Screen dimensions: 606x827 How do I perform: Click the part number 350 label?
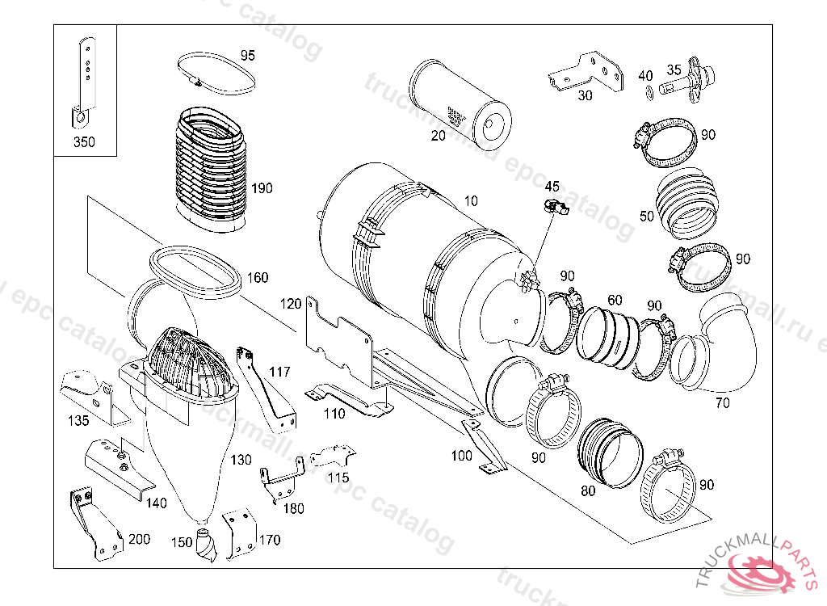[x=83, y=141]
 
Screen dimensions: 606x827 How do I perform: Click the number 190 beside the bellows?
[x=262, y=188]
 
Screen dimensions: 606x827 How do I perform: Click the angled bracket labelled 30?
[x=587, y=73]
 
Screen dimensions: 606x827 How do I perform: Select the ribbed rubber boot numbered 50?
[x=686, y=206]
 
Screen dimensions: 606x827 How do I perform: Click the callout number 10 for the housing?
[x=471, y=200]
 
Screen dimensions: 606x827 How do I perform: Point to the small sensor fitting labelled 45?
[x=554, y=208]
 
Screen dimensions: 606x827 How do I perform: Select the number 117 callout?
[x=280, y=372]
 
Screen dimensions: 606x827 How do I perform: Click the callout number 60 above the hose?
[x=615, y=301]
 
